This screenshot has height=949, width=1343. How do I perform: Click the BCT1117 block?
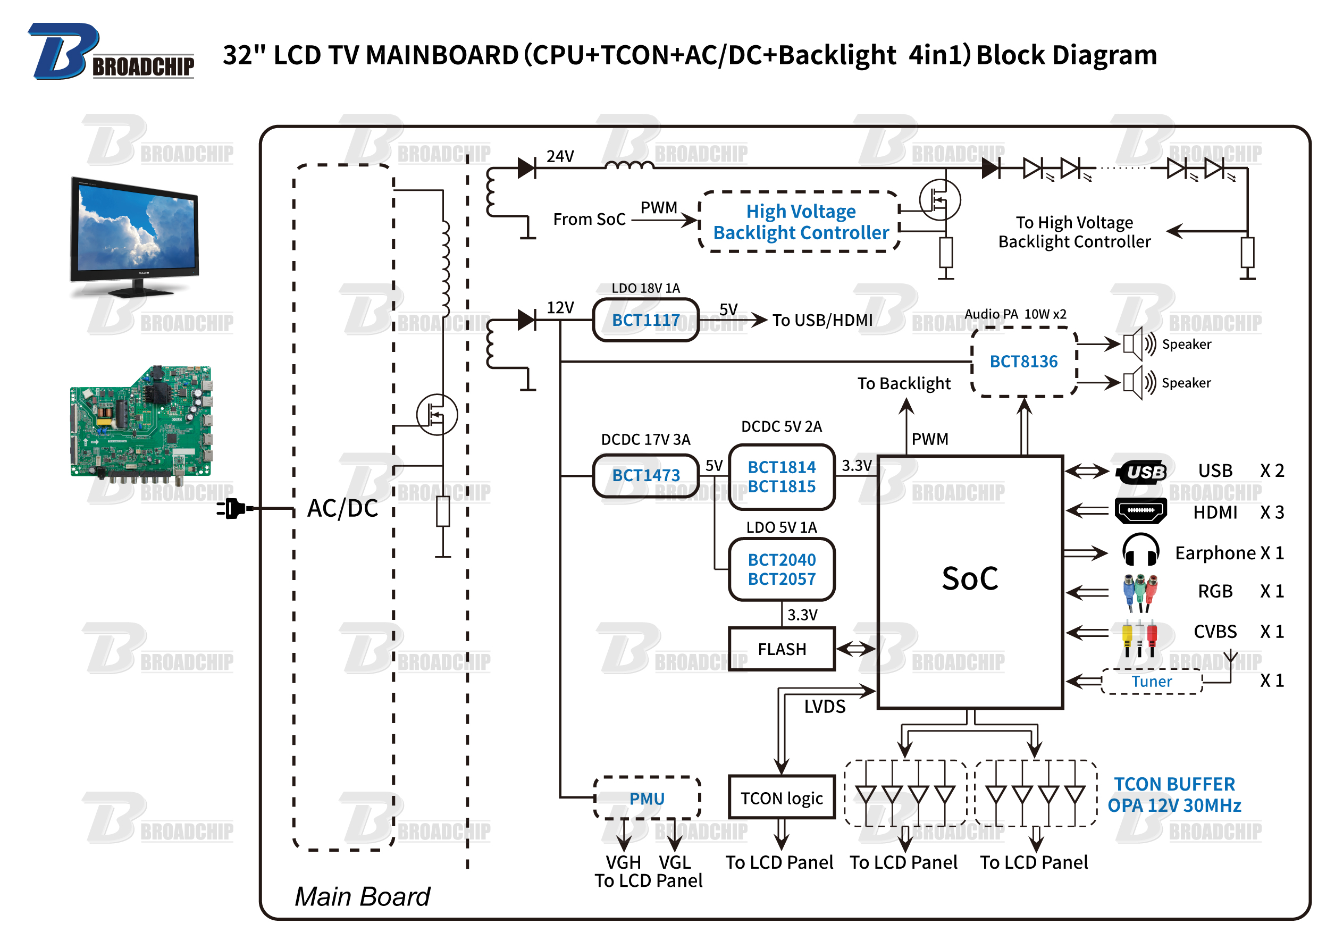coord(646,320)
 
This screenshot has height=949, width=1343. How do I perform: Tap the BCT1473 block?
coord(646,475)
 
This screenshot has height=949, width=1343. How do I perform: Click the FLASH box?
coord(782,649)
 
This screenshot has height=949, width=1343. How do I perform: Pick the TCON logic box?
coord(782,798)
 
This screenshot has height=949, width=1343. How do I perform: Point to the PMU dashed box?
coord(647,798)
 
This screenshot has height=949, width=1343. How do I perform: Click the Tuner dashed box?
coord(1151,682)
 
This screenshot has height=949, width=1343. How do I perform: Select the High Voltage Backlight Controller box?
coord(800,222)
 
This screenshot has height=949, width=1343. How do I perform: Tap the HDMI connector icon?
coord(1140,511)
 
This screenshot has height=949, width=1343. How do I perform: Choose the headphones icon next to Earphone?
coord(1140,550)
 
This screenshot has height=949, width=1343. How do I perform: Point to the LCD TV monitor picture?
coord(134,237)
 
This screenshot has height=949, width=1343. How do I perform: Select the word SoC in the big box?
coord(970,578)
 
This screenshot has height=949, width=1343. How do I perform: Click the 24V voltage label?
coord(560,156)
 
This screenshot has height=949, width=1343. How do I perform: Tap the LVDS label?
coord(824,707)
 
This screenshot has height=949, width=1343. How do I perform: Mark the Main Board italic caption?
coord(362,896)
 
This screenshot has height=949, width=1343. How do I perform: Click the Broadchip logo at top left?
coord(111,53)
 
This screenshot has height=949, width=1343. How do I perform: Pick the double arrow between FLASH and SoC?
coord(856,649)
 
